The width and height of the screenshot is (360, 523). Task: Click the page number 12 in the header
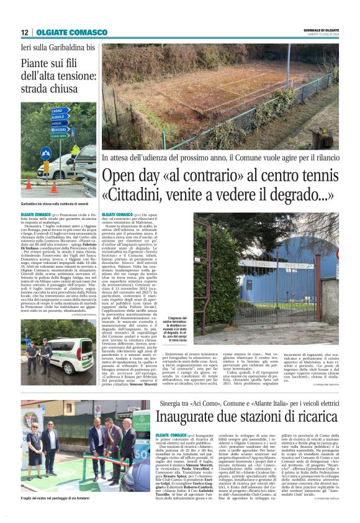click(24, 32)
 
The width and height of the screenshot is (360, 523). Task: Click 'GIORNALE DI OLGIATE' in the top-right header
click(322, 30)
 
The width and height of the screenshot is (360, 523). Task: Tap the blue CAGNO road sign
click(60, 110)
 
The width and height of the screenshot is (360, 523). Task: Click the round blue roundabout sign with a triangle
click(46, 152)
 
